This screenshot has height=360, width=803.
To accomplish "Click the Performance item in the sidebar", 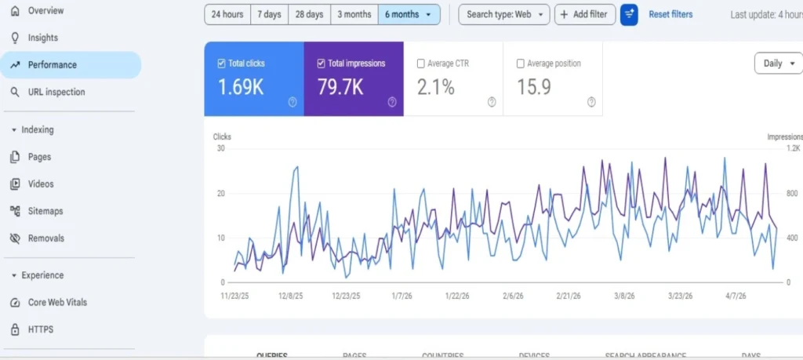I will tap(52, 65).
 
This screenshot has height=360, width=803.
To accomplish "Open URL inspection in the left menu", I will tap(56, 92).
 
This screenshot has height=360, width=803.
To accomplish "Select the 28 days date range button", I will tap(308, 14).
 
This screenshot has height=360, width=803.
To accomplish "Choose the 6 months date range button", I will tap(408, 14).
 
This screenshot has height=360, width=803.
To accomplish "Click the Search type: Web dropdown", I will tap(503, 14).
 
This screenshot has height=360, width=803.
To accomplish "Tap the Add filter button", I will tap(584, 14).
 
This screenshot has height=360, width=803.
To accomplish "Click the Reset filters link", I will tap(670, 14).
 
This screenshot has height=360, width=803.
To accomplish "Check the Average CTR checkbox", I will tap(421, 64).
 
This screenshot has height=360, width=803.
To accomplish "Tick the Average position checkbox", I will tap(521, 64).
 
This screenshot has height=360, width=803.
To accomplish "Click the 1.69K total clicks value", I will tap(241, 87).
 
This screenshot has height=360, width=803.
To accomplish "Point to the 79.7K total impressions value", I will tap(340, 87).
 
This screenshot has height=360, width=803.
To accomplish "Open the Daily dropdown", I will tap(778, 64).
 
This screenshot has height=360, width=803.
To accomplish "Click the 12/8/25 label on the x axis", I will tap(291, 296).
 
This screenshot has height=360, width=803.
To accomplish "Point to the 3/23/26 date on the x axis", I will tap(680, 296).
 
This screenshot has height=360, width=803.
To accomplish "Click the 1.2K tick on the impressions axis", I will tap(793, 148).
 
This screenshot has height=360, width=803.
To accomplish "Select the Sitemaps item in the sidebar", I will tap(45, 211).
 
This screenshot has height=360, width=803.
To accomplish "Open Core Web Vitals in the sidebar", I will tap(57, 302).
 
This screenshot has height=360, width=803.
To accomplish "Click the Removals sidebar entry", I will tap(45, 238).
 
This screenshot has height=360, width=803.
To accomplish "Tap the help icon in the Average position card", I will tap(591, 101).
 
